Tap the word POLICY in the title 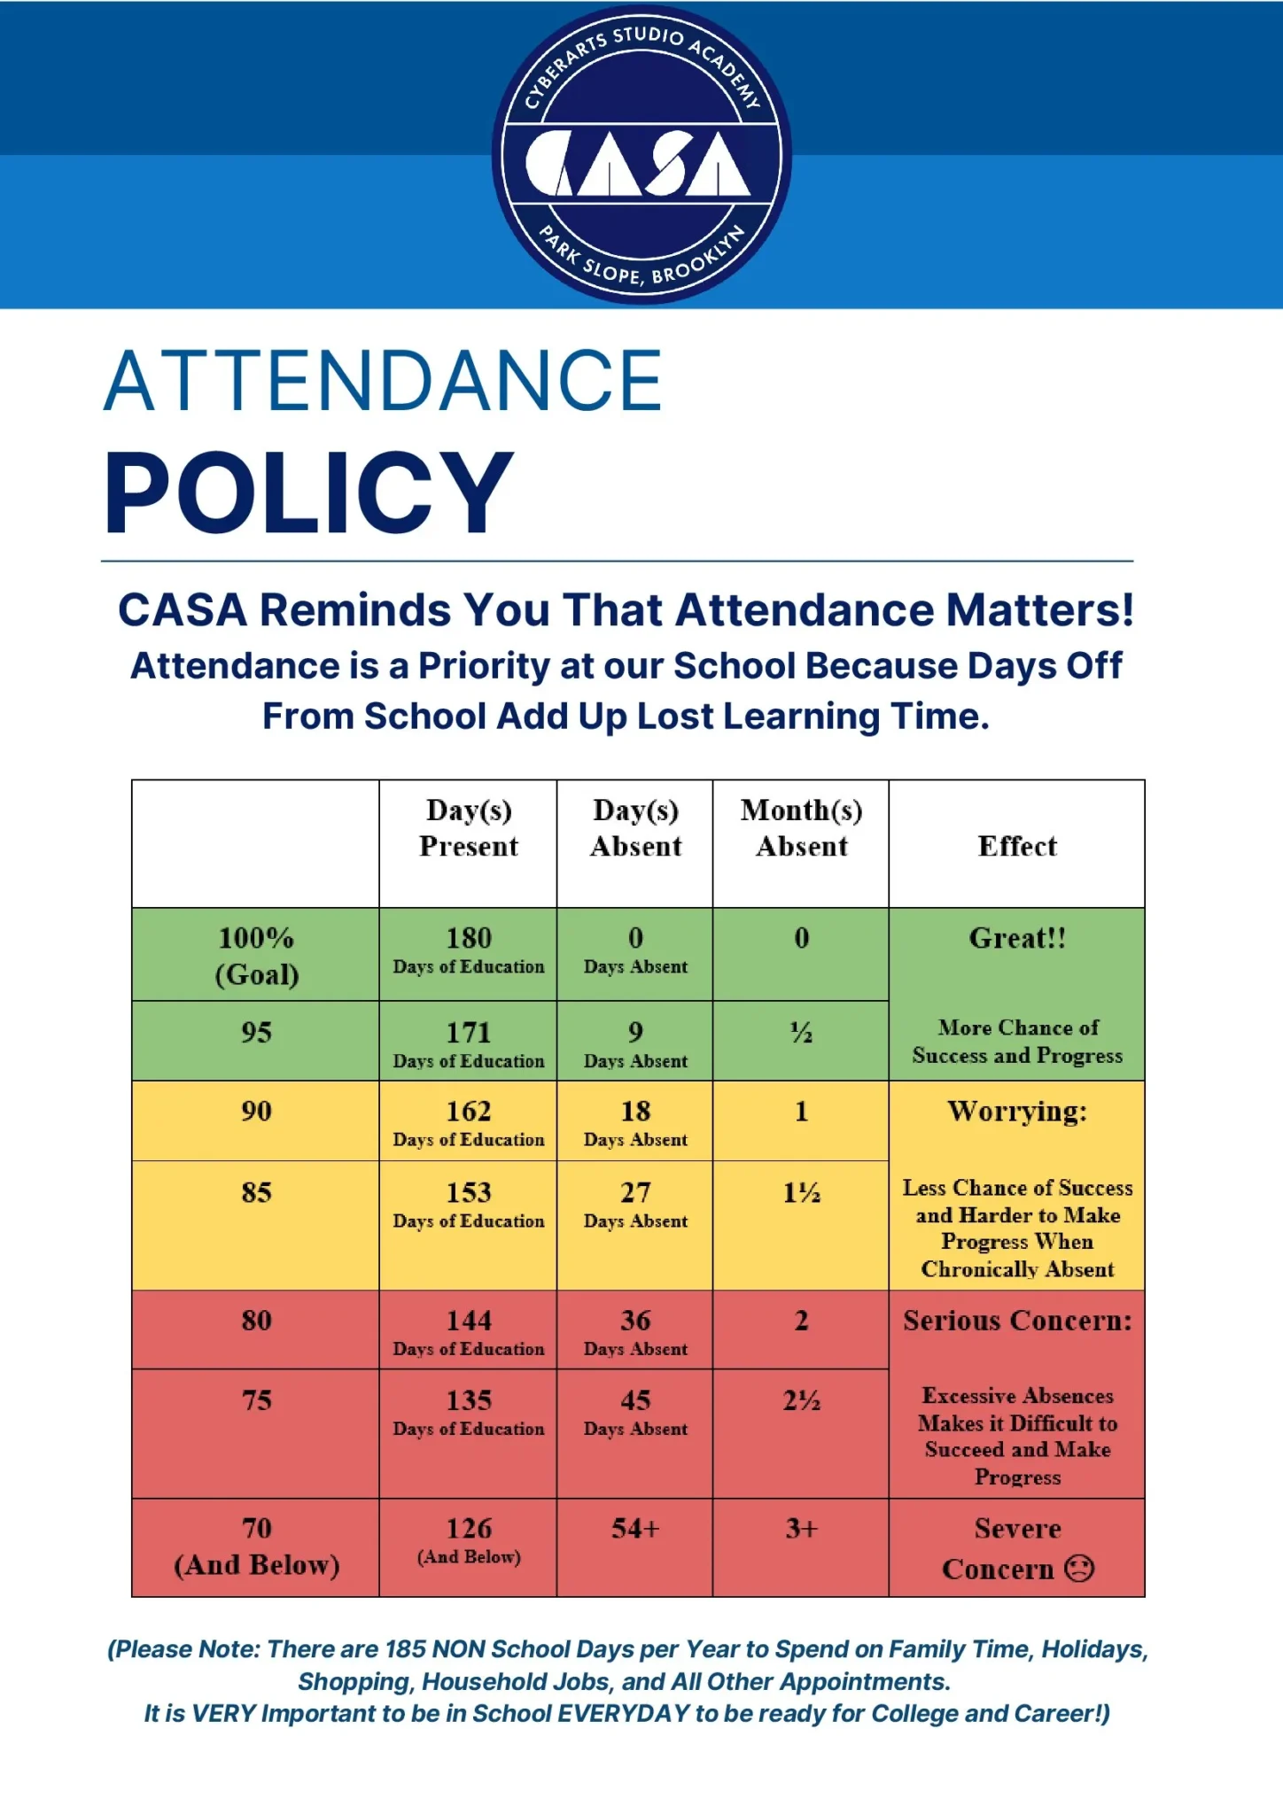[x=308, y=492]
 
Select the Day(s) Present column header [x=468, y=828]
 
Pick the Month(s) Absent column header [x=801, y=828]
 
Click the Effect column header [x=1017, y=846]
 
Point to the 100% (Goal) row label [x=256, y=956]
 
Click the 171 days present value [x=468, y=1033]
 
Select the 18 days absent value [x=635, y=1112]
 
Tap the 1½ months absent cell [x=801, y=1193]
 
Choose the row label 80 [x=256, y=1321]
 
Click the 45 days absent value [x=635, y=1400]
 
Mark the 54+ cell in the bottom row [x=635, y=1529]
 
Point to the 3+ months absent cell [x=801, y=1529]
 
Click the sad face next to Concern [x=1079, y=1569]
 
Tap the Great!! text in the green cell [x=1017, y=938]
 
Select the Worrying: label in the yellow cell [x=1017, y=1112]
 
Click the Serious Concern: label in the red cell [x=1017, y=1321]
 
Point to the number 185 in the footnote [x=405, y=1649]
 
